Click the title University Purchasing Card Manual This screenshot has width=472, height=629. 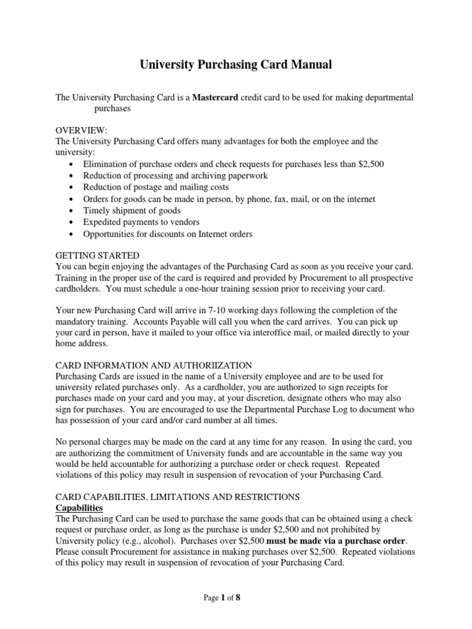(x=235, y=64)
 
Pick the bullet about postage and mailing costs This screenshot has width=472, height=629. (x=156, y=187)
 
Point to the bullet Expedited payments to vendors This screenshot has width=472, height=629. (x=141, y=222)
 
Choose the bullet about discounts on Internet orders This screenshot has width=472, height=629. (x=168, y=233)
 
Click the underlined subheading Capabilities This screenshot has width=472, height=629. (x=79, y=508)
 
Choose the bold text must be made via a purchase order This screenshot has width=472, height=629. (x=336, y=541)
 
